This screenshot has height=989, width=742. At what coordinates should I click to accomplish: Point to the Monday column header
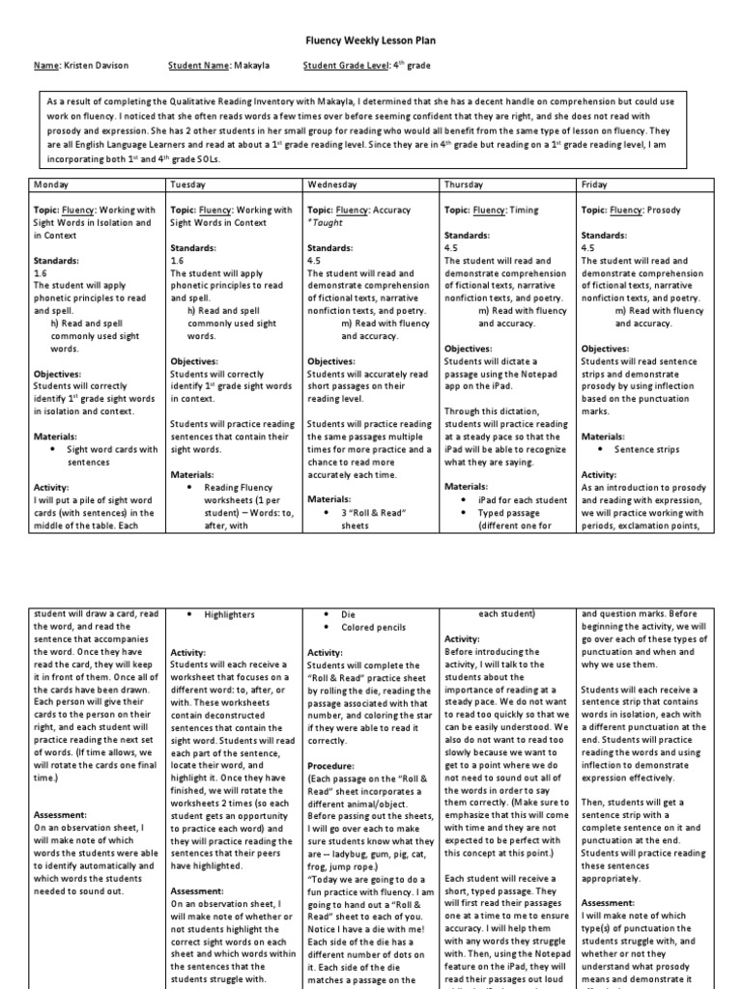point(52,184)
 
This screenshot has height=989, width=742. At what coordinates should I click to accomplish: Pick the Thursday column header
point(465,184)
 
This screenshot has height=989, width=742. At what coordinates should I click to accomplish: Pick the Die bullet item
point(349,614)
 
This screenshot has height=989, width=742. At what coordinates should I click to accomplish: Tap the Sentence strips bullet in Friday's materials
point(646,449)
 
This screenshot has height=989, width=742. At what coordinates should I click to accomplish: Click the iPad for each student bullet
point(521,499)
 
